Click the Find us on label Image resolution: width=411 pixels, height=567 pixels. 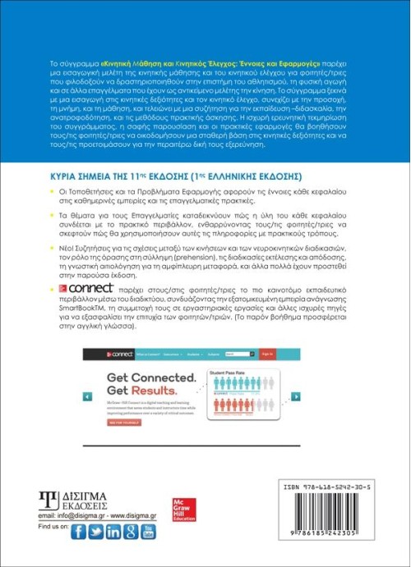(53, 532)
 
